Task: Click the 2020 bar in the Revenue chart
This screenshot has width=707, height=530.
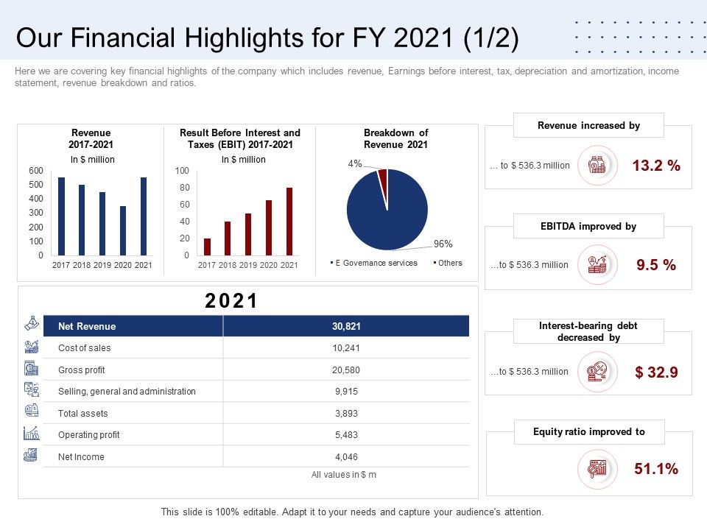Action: [123, 231]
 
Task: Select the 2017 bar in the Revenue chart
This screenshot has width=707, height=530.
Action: [61, 216]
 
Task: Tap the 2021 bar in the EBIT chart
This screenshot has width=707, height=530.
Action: [289, 222]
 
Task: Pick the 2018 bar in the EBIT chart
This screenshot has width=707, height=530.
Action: [228, 239]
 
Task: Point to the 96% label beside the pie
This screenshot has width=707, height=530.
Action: [443, 244]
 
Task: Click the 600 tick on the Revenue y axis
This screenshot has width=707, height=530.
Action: [36, 170]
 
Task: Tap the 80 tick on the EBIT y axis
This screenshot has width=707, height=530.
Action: [182, 188]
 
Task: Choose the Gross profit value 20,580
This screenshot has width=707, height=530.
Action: [346, 370]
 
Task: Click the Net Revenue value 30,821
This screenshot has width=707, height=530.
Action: [346, 326]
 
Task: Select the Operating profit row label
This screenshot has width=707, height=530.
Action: [88, 435]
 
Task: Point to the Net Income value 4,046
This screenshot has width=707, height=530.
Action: [346, 457]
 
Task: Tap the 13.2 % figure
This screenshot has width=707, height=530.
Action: [656, 166]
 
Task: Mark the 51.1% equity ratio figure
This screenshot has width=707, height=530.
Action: [656, 468]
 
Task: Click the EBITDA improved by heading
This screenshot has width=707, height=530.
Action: [588, 227]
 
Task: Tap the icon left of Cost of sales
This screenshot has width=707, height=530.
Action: [32, 347]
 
